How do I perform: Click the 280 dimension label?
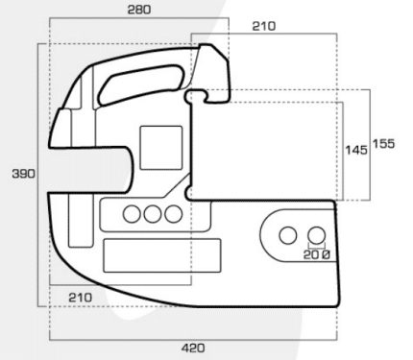coord(139,10)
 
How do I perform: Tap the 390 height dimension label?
coord(23,174)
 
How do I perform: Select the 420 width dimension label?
coord(193,348)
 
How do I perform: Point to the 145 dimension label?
coord(356,150)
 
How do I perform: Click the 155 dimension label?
coord(383,144)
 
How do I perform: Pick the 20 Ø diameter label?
coord(316,254)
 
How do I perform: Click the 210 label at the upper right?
coord(264,26)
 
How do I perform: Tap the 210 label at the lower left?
coord(80,298)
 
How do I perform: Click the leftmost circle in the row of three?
coord(132,214)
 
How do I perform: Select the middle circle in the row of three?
coord(153,214)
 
